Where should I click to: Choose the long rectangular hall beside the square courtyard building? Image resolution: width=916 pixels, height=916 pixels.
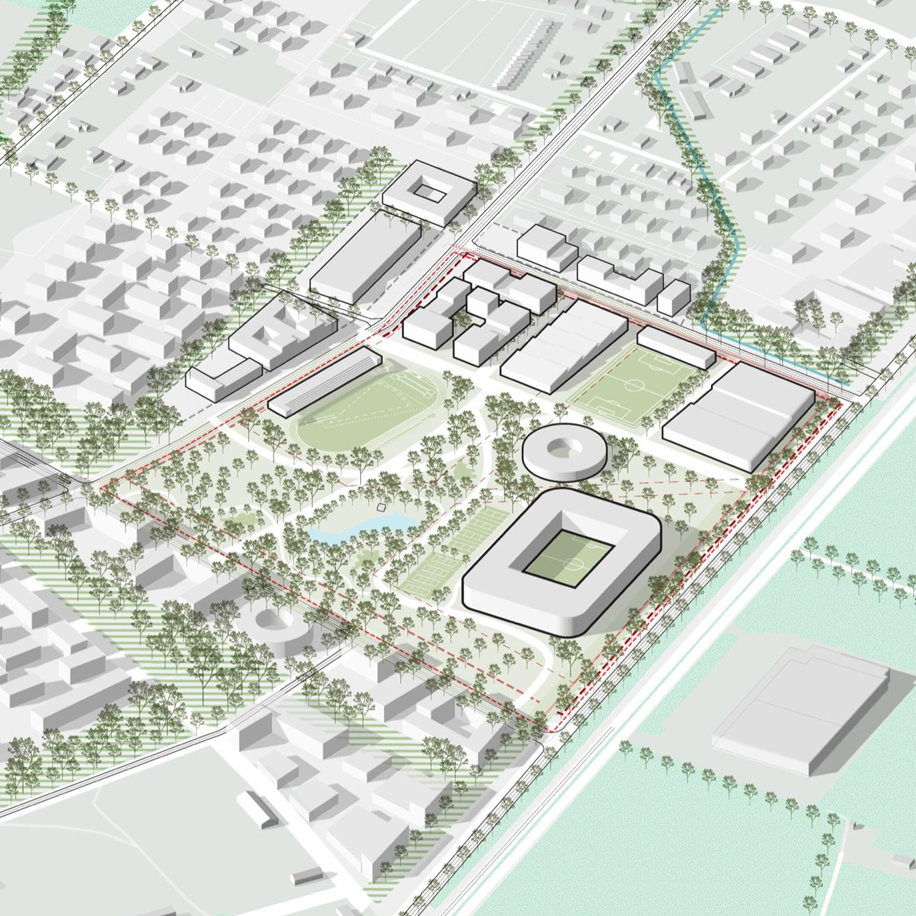point(364,258)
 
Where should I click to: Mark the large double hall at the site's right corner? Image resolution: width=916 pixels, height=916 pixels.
point(739,414)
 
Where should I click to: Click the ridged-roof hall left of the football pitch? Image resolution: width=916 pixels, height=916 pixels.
point(563,346)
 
